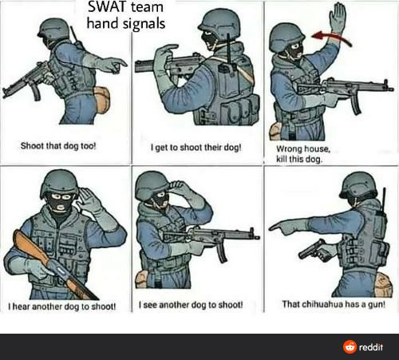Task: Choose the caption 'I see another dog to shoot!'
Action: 191,304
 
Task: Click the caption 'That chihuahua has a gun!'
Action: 334,303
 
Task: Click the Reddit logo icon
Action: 349,346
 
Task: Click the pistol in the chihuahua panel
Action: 312,251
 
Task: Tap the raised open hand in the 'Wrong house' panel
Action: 338,17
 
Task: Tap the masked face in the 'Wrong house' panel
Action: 294,50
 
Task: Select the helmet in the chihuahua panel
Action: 357,185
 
